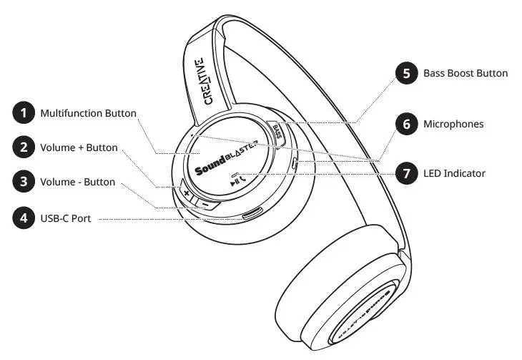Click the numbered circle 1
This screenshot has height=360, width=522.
pyautogui.click(x=24, y=113)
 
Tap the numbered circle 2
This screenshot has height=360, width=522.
pyautogui.click(x=24, y=148)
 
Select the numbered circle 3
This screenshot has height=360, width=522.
pyautogui.click(x=24, y=182)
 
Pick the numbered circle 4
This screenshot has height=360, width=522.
pyautogui.click(x=24, y=217)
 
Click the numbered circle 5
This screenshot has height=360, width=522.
pyautogui.click(x=407, y=73)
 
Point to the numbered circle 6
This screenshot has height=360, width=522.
pyautogui.click(x=407, y=124)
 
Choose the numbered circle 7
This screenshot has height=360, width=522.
pyautogui.click(x=407, y=173)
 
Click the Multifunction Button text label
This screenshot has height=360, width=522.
pyautogui.click(x=88, y=113)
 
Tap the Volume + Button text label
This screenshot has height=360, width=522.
pyautogui.click(x=79, y=148)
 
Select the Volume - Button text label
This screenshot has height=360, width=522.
pyautogui.click(x=77, y=182)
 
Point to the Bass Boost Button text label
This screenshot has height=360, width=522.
pyautogui.click(x=466, y=73)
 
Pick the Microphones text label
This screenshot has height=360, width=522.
pyautogui.click(x=453, y=124)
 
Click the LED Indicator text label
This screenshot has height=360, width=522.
pyautogui.click(x=454, y=173)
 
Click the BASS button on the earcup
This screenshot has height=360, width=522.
pyautogui.click(x=279, y=132)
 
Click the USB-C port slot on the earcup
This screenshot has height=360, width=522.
pyautogui.click(x=252, y=213)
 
